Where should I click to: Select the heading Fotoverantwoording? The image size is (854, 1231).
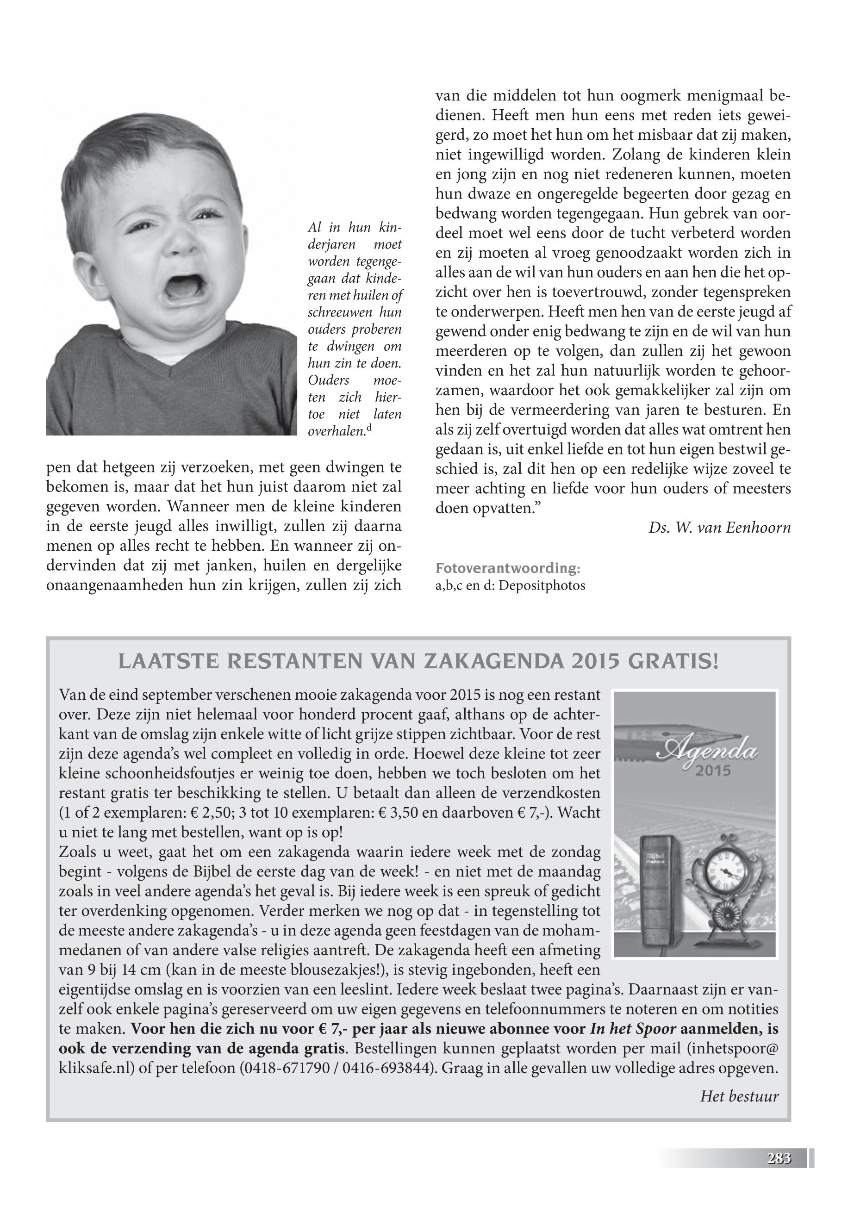507,568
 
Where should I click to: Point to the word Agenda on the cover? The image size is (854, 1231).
712,754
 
